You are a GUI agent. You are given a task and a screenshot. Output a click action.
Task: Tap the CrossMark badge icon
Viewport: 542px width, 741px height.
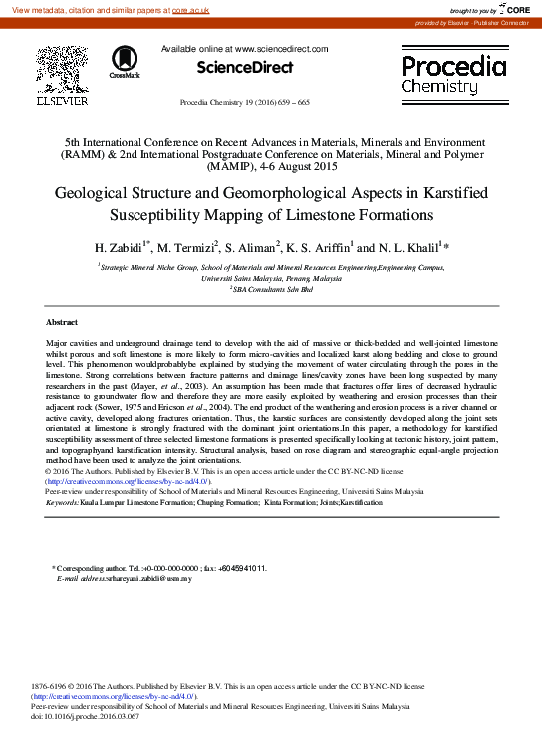point(126,61)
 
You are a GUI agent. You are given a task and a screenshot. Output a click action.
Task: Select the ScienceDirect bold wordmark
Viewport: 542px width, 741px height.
point(245,68)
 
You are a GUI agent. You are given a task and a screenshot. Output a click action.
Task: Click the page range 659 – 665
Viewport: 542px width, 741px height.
point(289,103)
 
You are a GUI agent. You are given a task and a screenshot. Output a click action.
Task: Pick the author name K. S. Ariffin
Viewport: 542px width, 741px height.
point(319,247)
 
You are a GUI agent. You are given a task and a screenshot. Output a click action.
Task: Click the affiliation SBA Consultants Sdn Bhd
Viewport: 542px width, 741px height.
point(270,290)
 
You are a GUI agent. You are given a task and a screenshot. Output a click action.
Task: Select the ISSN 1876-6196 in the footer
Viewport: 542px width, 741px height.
point(53,686)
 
